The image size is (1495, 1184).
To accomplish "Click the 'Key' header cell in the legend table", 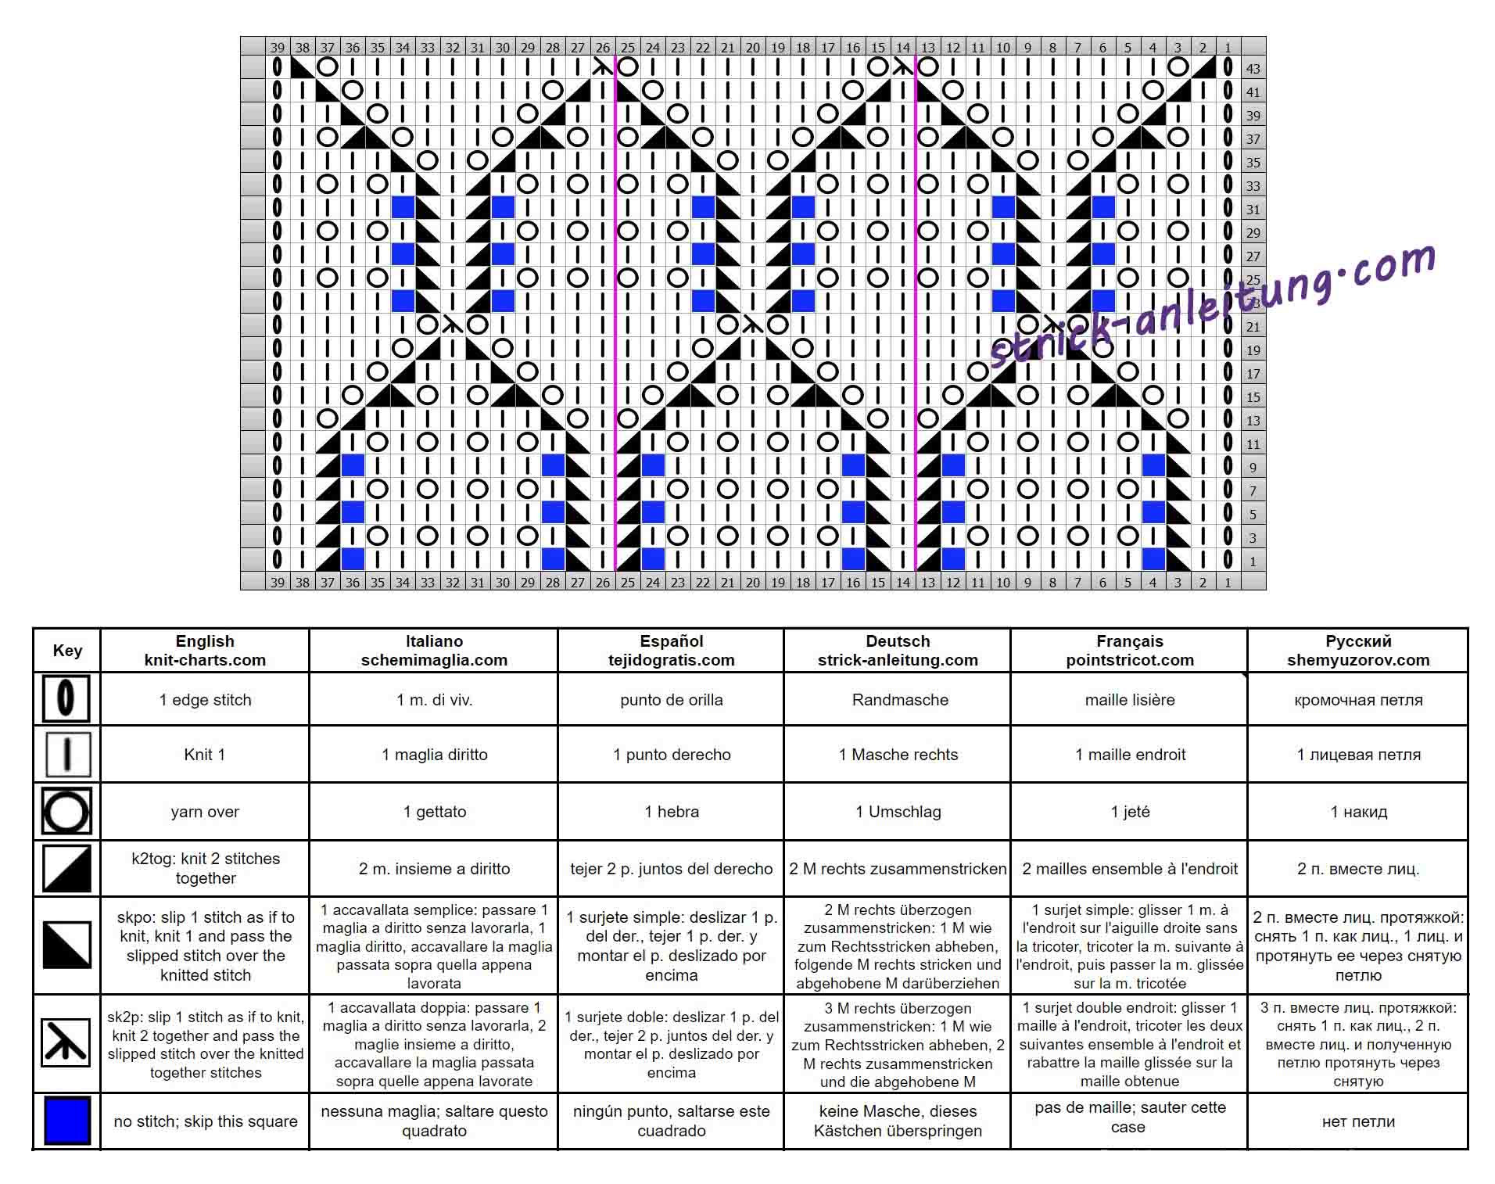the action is pyautogui.click(x=67, y=650).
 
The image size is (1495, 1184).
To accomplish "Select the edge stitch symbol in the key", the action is pyautogui.click(x=66, y=698).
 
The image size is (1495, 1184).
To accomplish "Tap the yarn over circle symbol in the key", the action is pyautogui.click(x=66, y=811).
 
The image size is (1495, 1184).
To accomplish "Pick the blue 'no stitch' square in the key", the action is pyautogui.click(x=67, y=1121).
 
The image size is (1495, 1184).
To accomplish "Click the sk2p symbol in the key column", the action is pyautogui.click(x=66, y=1042).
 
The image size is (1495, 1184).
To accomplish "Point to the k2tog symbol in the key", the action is pyautogui.click(x=66, y=868).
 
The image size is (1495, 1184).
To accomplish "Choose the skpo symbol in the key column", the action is pyautogui.click(x=66, y=945).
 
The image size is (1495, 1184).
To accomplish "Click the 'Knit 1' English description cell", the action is pyautogui.click(x=205, y=754).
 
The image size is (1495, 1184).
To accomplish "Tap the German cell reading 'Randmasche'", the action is pyautogui.click(x=900, y=699).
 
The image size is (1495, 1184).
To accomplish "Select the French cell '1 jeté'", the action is pyautogui.click(x=1129, y=811).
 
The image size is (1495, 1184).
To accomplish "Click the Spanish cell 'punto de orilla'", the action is pyautogui.click(x=671, y=699).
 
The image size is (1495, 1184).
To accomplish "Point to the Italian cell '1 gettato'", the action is pyautogui.click(x=434, y=811).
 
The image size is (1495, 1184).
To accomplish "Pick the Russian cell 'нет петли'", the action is pyautogui.click(x=1358, y=1121).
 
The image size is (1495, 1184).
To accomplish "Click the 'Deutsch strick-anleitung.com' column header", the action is pyautogui.click(x=898, y=650).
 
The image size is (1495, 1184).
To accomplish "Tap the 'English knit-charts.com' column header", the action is pyautogui.click(x=205, y=650).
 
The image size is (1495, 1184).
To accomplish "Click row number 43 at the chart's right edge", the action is pyautogui.click(x=1253, y=68).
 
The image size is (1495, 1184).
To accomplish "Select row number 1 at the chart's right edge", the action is pyautogui.click(x=1253, y=561).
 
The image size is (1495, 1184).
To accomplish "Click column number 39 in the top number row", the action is pyautogui.click(x=278, y=47).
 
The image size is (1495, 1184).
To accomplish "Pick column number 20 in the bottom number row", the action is pyautogui.click(x=753, y=581).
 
